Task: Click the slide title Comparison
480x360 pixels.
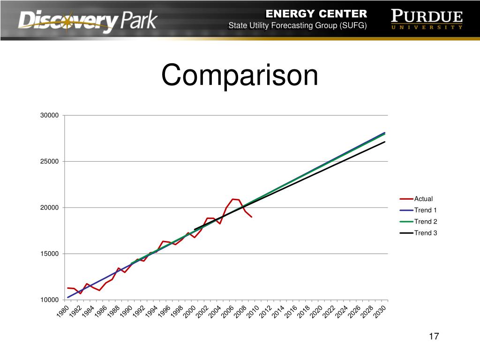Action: (240, 75)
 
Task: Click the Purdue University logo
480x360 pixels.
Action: (427, 20)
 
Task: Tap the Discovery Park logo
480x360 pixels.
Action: (88, 21)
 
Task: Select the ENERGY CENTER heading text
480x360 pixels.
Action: (317, 13)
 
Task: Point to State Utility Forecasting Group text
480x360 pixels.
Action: (297, 25)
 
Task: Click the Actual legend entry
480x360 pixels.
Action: (423, 199)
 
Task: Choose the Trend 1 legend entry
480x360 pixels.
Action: (426, 210)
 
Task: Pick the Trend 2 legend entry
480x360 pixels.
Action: (426, 221)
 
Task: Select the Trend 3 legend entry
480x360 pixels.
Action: (426, 232)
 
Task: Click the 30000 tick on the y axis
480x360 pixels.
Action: (49, 115)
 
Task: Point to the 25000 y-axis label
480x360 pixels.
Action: (49, 161)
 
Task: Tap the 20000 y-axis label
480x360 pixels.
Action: (49, 208)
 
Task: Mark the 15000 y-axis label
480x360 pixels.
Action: (49, 254)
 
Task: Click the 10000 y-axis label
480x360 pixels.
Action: (49, 300)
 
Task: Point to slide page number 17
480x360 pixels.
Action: (434, 337)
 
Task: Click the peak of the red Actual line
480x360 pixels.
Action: (233, 199)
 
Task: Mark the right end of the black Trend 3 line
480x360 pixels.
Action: (384, 142)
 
